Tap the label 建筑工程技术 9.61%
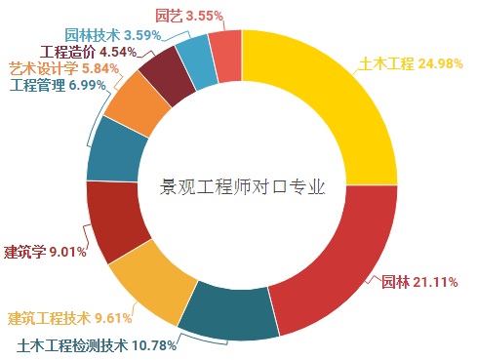(69, 318)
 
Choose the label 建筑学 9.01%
(45, 252)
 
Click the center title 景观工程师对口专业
(242, 185)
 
